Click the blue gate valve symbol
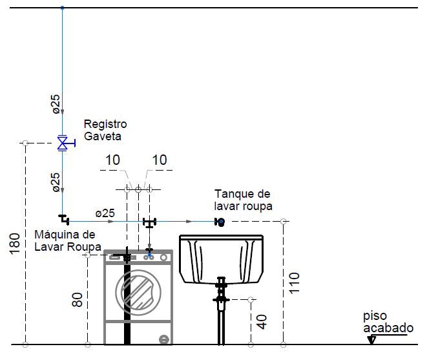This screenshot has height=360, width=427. (x=64, y=143)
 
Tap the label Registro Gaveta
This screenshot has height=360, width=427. (x=105, y=130)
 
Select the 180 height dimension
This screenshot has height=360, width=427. (x=15, y=244)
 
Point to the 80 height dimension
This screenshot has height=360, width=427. (x=78, y=300)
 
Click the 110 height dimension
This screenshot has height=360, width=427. (x=294, y=283)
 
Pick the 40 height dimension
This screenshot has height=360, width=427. (x=262, y=322)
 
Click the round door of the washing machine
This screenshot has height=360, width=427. (x=138, y=292)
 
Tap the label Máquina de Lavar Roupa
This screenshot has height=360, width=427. (x=68, y=240)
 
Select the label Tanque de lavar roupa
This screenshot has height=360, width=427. (x=243, y=200)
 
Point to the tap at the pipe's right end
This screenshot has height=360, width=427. (x=220, y=222)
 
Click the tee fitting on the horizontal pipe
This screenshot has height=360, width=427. (x=149, y=222)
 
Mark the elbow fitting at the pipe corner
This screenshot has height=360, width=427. (x=64, y=219)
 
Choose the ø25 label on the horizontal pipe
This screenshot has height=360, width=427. (x=105, y=213)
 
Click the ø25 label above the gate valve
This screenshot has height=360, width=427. (x=56, y=104)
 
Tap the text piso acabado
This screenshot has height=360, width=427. (x=388, y=322)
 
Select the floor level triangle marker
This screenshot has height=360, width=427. (x=371, y=340)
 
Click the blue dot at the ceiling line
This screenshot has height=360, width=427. (x=63, y=8)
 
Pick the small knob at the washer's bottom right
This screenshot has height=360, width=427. (x=164, y=339)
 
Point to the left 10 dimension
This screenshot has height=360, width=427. (x=112, y=160)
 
